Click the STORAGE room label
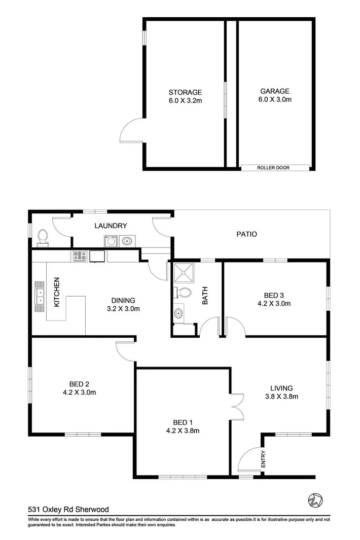185,92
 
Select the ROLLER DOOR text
273,167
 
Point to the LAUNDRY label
110,226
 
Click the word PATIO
246,234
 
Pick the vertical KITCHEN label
57,292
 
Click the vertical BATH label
205,297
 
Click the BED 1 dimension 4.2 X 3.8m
183,431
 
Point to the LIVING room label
281,388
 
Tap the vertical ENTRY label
263,459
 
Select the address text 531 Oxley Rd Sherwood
68,510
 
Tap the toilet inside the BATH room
183,293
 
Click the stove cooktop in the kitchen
80,256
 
